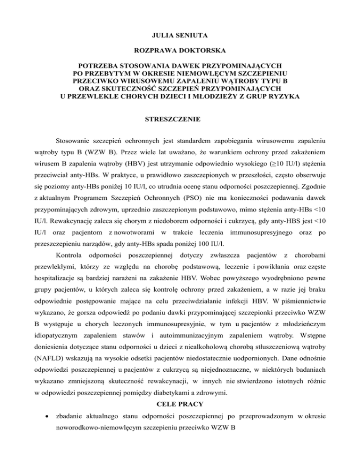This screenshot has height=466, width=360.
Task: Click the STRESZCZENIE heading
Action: [x=180, y=120]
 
